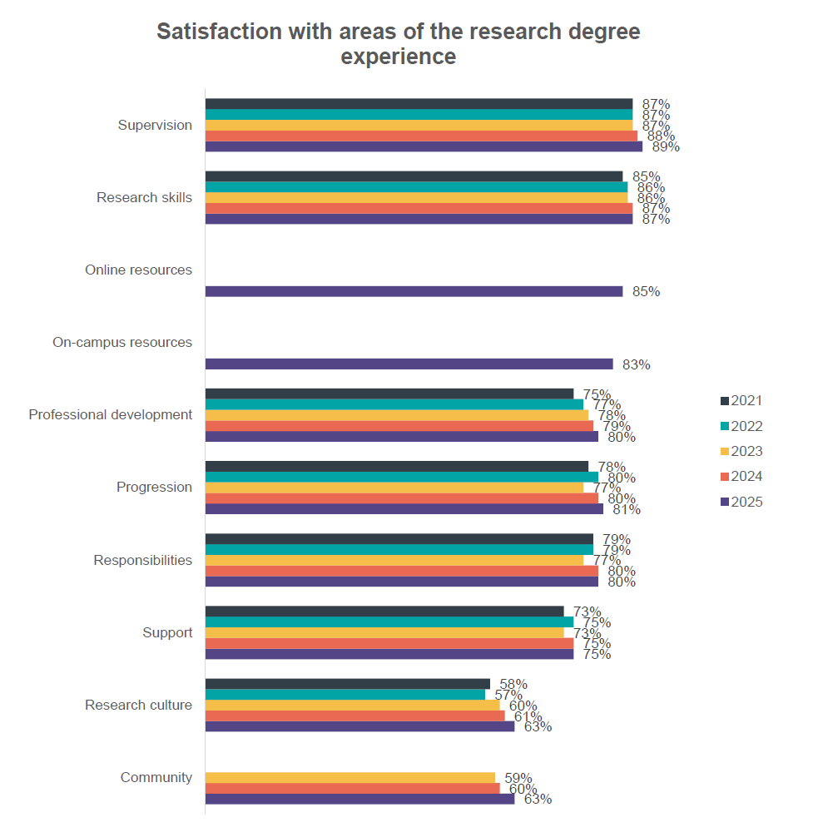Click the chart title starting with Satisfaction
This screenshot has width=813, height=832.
coord(399,44)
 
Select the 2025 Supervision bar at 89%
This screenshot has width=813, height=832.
coord(424,146)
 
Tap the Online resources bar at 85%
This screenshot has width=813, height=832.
coord(414,291)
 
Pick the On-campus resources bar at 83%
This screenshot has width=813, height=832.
coord(409,364)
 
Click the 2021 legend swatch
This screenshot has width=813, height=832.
coord(724,401)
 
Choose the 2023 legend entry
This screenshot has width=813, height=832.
coord(741,452)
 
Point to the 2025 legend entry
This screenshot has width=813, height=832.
coord(741,503)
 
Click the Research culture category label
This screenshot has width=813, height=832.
coord(138,705)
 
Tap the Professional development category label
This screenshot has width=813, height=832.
coord(111,414)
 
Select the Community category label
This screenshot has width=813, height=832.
coord(156,777)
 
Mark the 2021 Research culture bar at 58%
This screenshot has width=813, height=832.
coord(347,684)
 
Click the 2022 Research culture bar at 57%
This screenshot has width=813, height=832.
coord(345,695)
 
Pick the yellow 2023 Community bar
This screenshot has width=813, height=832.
coord(349,778)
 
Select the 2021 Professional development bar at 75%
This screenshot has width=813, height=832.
coord(389,394)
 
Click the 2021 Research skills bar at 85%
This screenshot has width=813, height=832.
coord(414,176)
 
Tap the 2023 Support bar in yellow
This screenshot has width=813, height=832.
coord(384,632)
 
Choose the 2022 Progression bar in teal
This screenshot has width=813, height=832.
coord(401,477)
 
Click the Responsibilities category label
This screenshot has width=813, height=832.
coord(143,560)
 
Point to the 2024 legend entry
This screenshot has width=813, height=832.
coord(741,477)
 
